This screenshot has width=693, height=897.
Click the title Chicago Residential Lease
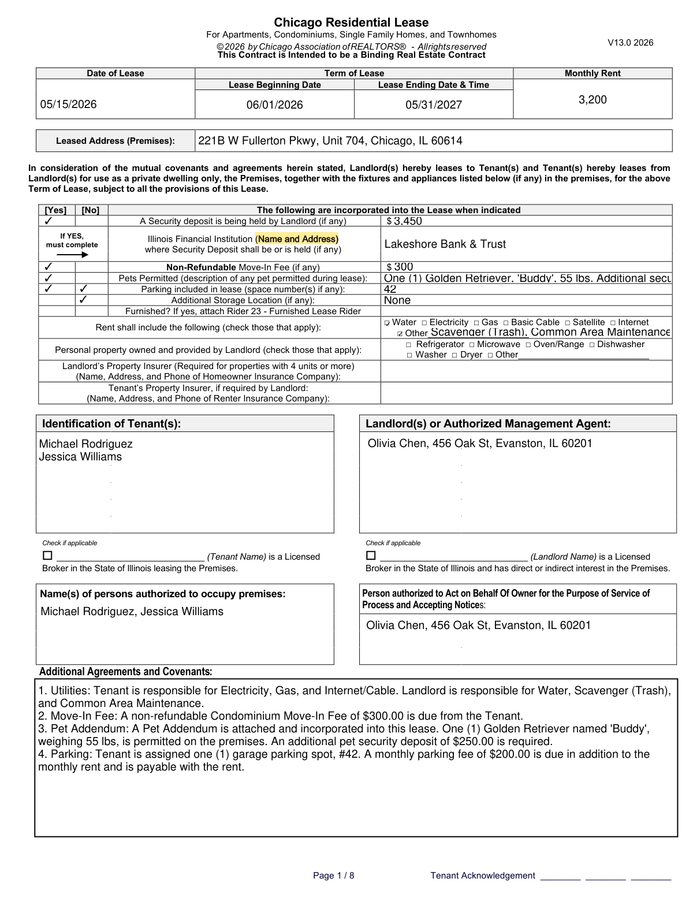coord(351,23)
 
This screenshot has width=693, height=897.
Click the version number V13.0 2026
coord(630,43)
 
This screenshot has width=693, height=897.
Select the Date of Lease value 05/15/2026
coord(68,105)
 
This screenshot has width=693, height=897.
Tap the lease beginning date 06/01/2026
coord(274,105)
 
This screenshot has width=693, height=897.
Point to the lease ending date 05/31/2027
coord(433,105)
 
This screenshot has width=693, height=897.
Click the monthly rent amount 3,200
coord(593,100)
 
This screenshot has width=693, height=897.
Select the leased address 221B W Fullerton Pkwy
coord(330,141)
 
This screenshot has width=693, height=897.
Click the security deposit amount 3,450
coord(408,221)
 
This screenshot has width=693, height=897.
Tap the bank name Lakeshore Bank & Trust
coord(445,244)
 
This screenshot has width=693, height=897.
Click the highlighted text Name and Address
coord(297,239)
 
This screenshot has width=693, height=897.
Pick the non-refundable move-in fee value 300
coord(404,267)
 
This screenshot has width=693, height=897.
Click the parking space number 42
coord(390,289)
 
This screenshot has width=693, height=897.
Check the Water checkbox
coord(387,323)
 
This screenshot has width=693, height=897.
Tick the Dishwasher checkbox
coord(592,345)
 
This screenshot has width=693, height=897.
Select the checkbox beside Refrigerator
coord(409,345)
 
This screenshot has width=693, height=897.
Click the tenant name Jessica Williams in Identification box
coord(80,457)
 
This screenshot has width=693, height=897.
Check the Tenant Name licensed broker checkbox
coord(47,556)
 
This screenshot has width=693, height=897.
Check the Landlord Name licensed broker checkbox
coord(371,556)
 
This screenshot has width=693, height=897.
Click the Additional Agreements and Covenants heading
coord(125,672)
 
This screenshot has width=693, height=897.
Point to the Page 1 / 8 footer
coord(333,876)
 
